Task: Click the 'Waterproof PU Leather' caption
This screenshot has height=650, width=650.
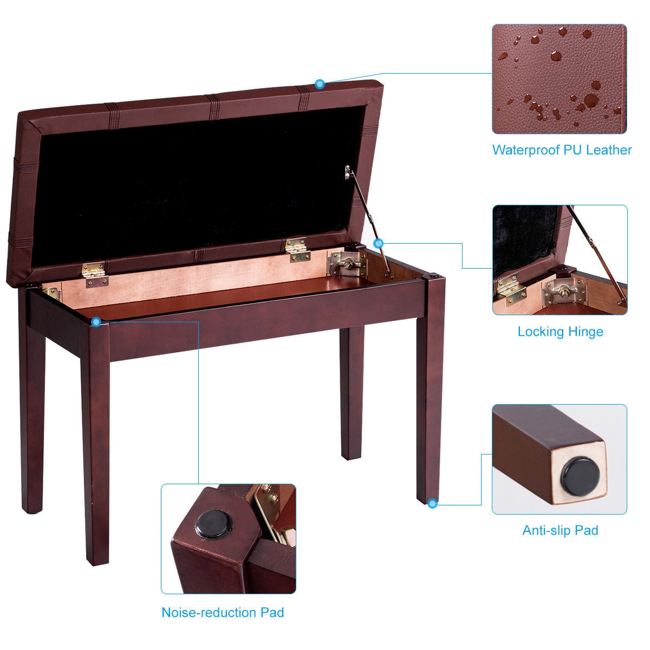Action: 561,150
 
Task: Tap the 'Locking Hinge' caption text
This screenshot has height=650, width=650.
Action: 560,331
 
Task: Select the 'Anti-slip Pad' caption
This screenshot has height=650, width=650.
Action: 560,530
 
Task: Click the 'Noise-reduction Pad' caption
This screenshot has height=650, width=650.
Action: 223,613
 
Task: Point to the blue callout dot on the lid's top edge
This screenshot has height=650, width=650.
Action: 320,84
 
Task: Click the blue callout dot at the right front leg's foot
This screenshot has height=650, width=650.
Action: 432,504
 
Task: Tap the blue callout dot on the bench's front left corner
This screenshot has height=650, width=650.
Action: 96,322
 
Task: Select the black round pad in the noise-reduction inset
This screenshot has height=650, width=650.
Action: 213,524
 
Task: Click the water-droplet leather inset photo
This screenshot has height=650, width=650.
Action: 559,79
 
